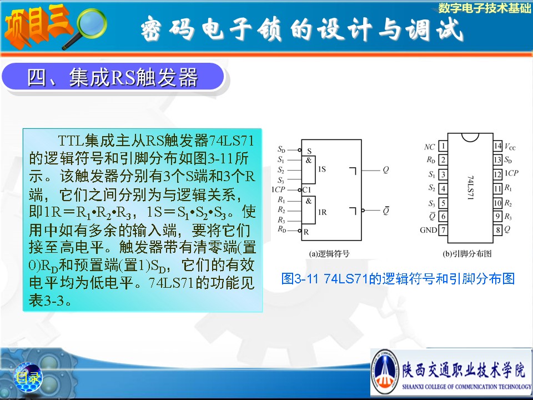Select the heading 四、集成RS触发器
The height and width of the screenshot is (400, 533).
coord(113,78)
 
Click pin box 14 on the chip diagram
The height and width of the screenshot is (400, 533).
coord(497,146)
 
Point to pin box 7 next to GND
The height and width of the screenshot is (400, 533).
coord(443,230)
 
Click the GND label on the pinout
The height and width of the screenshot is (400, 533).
coord(428,230)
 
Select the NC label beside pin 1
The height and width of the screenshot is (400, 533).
coord(429,147)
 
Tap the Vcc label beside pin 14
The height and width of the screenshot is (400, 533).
coord(510,147)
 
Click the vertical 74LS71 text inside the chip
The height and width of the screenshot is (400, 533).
coord(470,187)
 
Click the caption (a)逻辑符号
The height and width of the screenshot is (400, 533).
coord(329,253)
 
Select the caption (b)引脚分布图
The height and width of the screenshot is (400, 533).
coord(467,253)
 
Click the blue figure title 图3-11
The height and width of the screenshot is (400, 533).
coord(398,278)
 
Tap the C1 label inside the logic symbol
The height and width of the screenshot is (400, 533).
coord(306,190)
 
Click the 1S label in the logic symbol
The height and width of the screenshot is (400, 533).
coord(321,169)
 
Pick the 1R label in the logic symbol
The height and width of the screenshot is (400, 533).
coord(322,212)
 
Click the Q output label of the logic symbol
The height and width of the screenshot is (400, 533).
coord(385,170)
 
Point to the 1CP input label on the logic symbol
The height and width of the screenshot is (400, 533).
coord(278,189)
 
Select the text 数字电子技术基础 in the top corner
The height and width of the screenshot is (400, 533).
coord(484,8)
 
